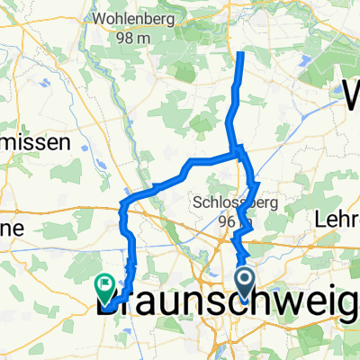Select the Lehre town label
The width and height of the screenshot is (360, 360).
[x=337, y=217]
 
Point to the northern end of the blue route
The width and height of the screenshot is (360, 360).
[x=241, y=56]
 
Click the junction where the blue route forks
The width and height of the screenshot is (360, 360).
[x=237, y=153]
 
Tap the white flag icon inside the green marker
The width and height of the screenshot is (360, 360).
[x=106, y=285]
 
